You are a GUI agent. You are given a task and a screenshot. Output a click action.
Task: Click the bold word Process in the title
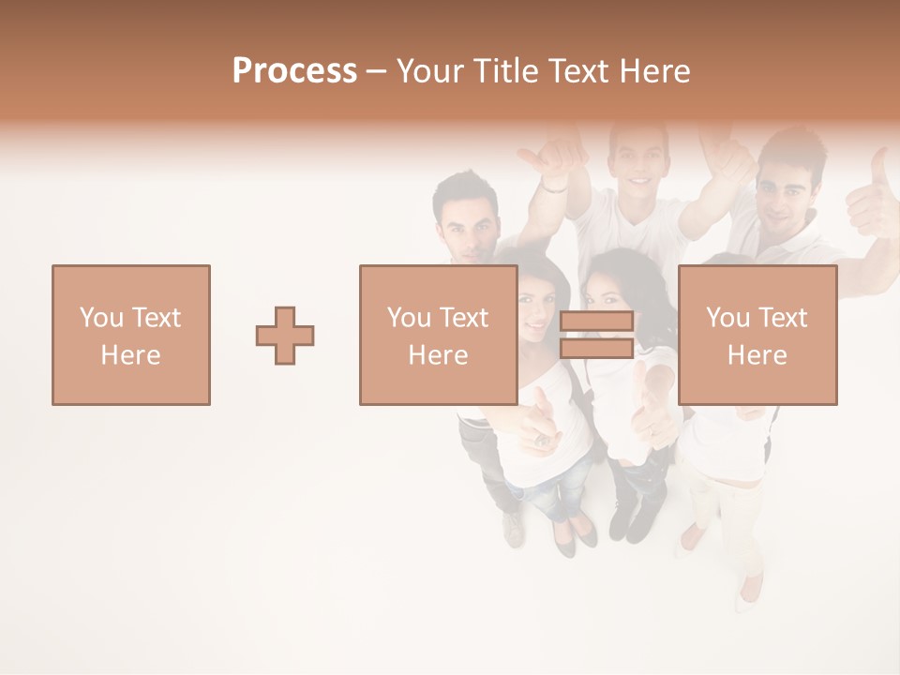click(294, 71)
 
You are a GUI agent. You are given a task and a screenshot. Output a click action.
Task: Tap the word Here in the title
click(656, 71)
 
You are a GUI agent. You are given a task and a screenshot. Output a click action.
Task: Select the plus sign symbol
click(285, 336)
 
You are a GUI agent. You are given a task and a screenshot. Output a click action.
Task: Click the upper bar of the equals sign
click(596, 322)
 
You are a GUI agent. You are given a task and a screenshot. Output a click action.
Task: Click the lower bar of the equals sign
click(596, 349)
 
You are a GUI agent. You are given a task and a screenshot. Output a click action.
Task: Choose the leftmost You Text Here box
click(131, 335)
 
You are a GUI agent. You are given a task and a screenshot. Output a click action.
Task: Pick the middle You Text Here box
click(438, 335)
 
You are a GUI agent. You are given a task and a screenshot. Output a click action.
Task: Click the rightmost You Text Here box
click(757, 335)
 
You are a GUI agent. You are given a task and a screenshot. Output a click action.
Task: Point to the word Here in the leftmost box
click(131, 355)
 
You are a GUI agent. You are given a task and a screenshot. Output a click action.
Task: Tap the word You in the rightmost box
click(727, 318)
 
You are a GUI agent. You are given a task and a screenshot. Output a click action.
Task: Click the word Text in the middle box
click(465, 318)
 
